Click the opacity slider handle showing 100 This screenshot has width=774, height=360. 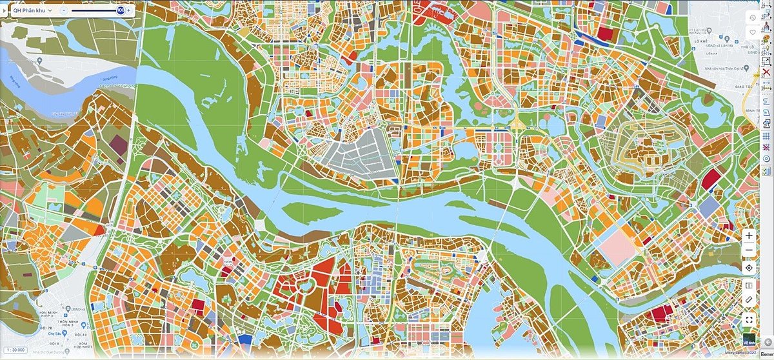121,10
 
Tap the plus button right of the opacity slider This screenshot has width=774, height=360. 129,10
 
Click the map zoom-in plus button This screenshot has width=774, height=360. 749,236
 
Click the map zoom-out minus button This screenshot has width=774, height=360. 749,251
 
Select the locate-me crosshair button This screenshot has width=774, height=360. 749,268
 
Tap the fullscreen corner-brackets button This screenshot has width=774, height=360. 749,319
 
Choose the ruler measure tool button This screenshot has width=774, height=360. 749,300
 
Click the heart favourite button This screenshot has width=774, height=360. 753,32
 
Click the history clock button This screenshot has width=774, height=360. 753,17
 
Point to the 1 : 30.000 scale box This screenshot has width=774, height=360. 16,349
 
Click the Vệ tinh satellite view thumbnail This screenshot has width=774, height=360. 748,340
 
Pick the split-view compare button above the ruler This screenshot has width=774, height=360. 749,286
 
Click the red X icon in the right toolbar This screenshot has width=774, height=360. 767,72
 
